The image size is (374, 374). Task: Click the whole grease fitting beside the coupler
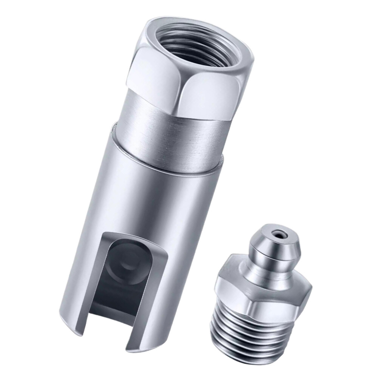coord(261,295)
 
